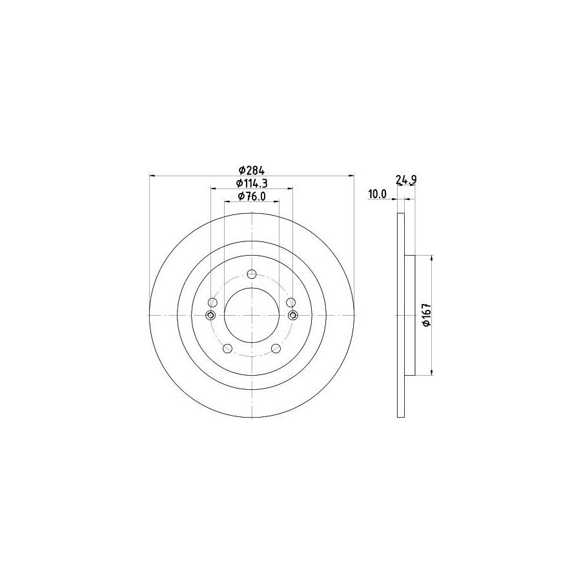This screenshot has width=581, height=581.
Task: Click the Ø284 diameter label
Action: [252, 170]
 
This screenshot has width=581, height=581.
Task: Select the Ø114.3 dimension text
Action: [252, 183]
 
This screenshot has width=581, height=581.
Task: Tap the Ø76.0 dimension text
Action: [252, 196]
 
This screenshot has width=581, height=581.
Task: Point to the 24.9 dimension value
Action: [407, 180]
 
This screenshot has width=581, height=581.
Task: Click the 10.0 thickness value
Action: [377, 194]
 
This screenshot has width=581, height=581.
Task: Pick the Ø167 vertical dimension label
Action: [427, 315]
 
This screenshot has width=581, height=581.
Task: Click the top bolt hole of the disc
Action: [252, 274]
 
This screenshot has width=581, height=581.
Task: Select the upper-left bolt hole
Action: [213, 302]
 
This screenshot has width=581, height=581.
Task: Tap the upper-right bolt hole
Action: [291, 302]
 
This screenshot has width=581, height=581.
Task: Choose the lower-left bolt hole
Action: [228, 349]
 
